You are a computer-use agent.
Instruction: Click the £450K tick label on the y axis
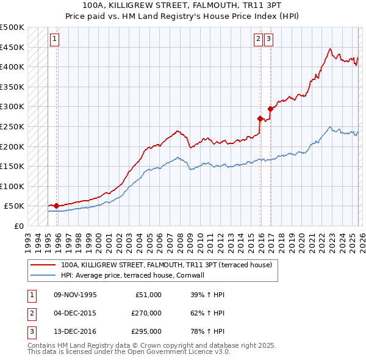click(12, 47)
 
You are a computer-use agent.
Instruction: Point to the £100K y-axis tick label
click(12, 186)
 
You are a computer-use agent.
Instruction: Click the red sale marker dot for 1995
click(56, 206)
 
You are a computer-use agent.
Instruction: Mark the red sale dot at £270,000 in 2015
click(260, 119)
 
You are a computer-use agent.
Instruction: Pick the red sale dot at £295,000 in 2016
click(270, 109)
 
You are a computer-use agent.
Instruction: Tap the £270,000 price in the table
click(146, 314)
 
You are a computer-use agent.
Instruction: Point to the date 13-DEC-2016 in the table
click(74, 333)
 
